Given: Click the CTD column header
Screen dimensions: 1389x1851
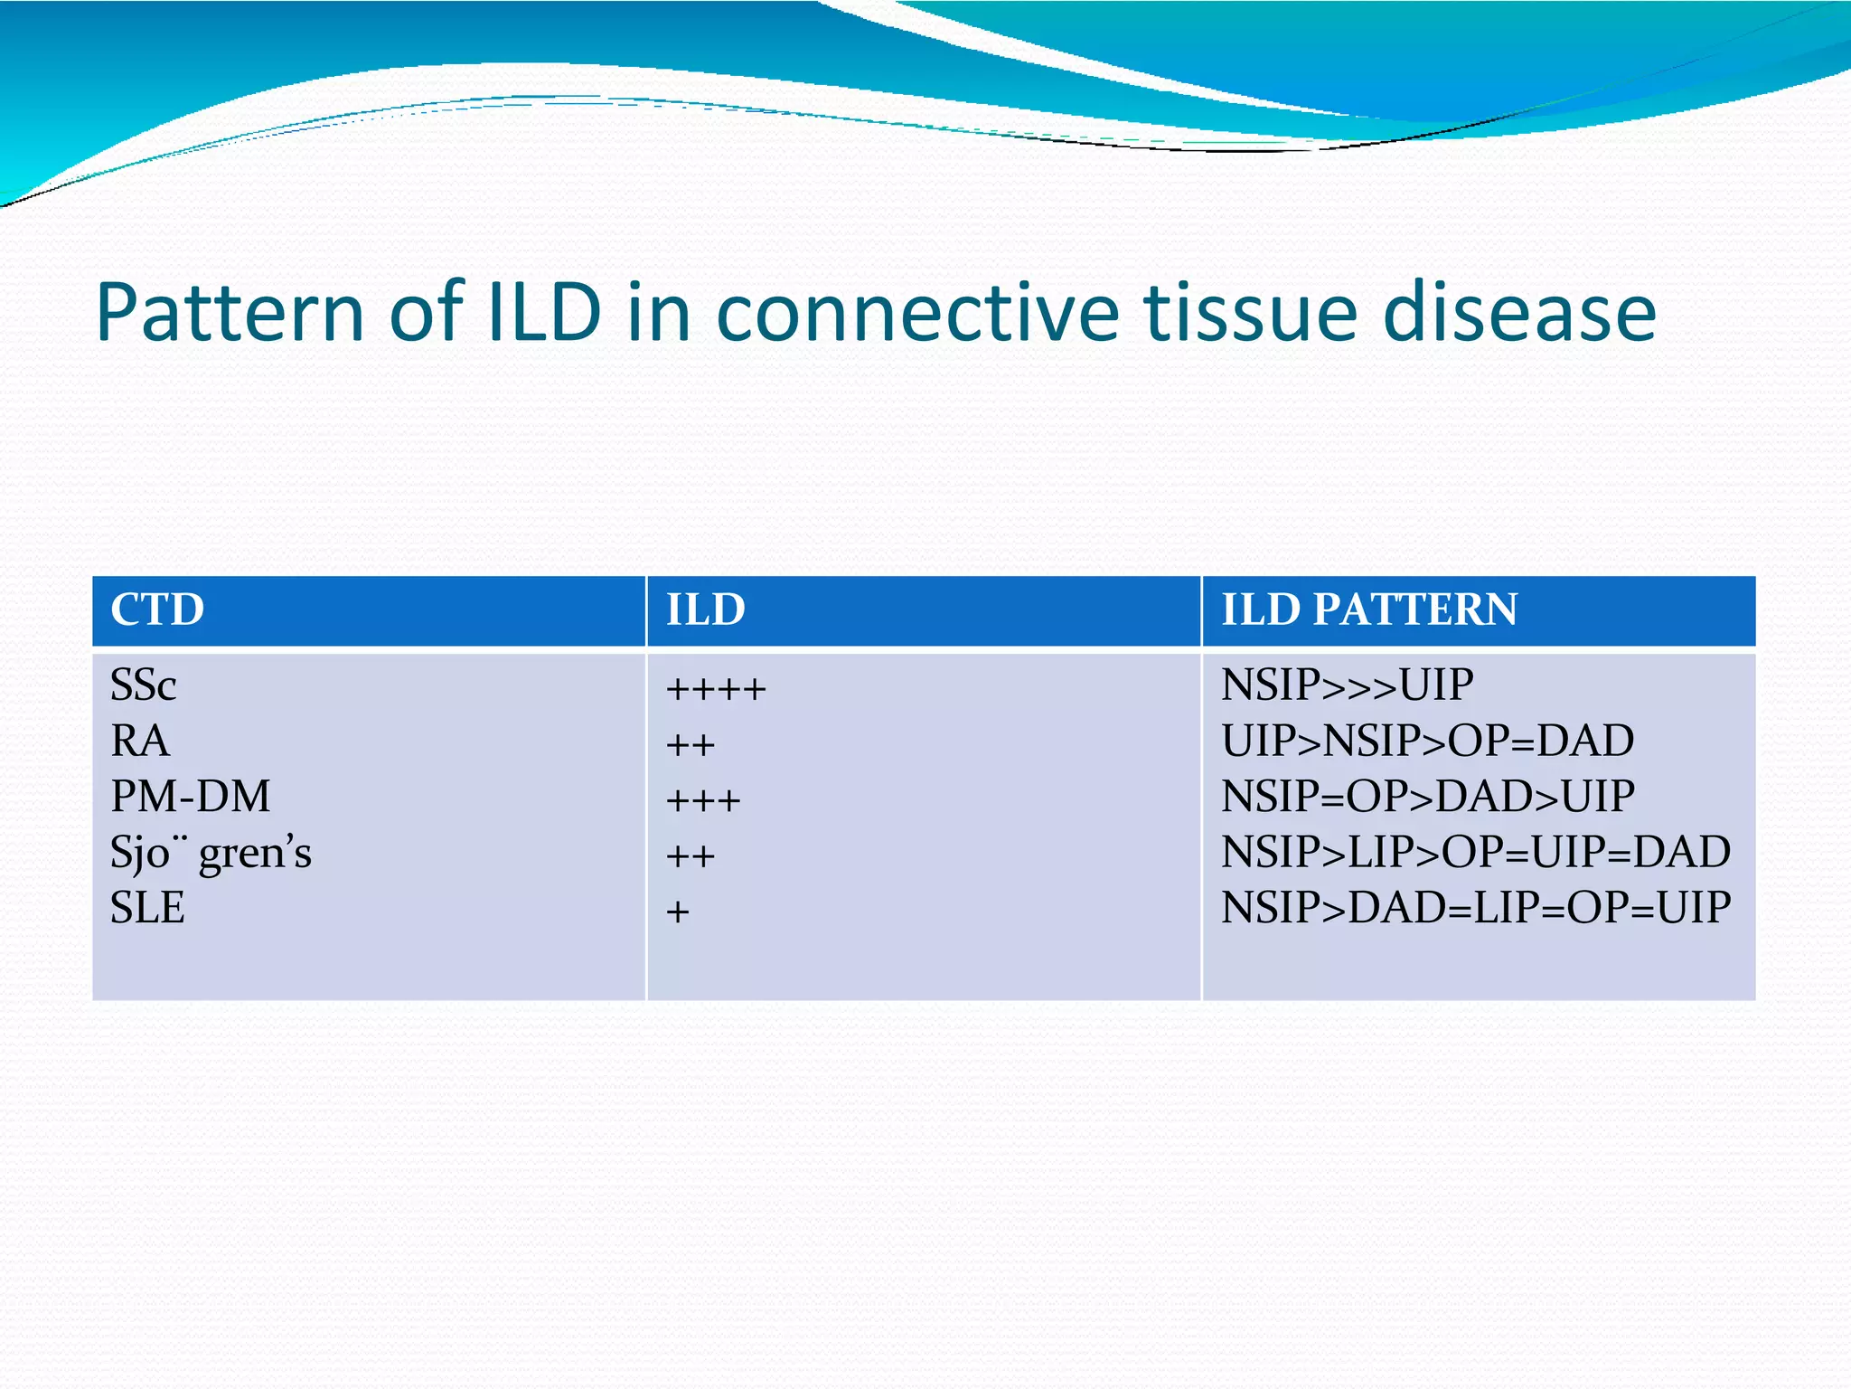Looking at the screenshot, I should click(x=157, y=609).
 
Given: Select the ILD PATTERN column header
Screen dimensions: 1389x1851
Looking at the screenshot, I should click(x=1369, y=609).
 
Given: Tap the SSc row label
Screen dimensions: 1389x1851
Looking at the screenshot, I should click(x=143, y=685).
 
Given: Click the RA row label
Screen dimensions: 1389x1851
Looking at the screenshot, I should click(x=140, y=742).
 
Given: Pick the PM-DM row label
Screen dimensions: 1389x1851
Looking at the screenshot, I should click(x=190, y=797).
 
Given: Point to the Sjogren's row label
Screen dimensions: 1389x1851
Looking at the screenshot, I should click(x=211, y=853).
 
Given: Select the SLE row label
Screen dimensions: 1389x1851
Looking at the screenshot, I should click(x=147, y=908).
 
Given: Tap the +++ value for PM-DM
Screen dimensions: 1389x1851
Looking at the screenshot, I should click(x=703, y=801).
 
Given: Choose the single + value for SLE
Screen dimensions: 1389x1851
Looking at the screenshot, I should click(x=678, y=912).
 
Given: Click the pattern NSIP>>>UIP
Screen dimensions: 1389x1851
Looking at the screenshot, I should click(x=1347, y=685).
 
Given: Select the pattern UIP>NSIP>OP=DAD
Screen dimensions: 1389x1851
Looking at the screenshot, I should click(x=1427, y=742).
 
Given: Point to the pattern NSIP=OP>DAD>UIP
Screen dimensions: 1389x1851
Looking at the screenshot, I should click(x=1427, y=797).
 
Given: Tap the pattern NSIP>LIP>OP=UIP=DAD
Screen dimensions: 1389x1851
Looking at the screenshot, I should click(x=1475, y=853).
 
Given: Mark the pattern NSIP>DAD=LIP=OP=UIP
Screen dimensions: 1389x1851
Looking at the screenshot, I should click(x=1475, y=908).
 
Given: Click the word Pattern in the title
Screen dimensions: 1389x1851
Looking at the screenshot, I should click(x=230, y=313).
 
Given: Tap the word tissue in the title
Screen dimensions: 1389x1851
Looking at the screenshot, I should click(x=1251, y=313).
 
